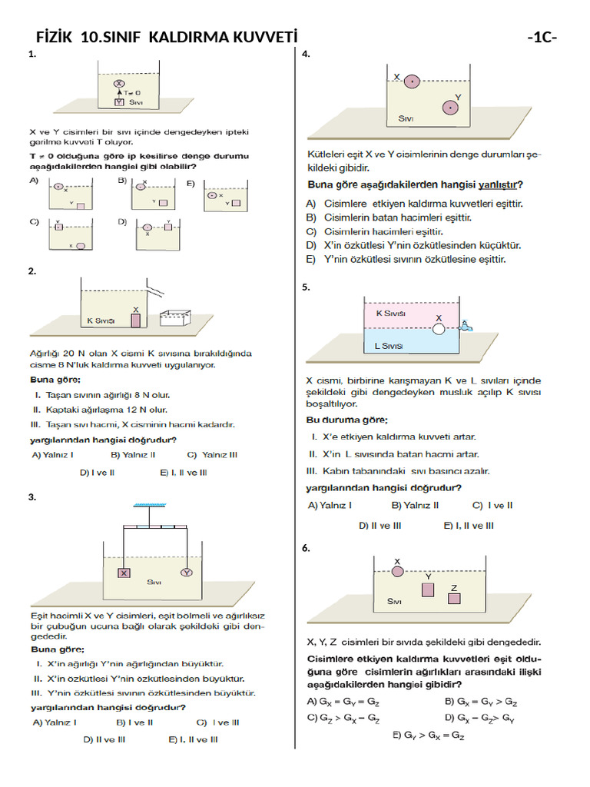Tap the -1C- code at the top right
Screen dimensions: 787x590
pyautogui.click(x=542, y=37)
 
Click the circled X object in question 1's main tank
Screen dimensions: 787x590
pyautogui.click(x=119, y=82)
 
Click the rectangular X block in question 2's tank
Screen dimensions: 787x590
pyautogui.click(x=136, y=320)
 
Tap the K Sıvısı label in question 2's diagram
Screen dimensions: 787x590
pyautogui.click(x=100, y=320)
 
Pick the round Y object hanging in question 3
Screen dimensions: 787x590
pyautogui.click(x=186, y=573)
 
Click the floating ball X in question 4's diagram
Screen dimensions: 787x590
pyautogui.click(x=412, y=80)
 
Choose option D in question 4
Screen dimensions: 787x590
pyautogui.click(x=414, y=246)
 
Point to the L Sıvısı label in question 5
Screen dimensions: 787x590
pyautogui.click(x=388, y=347)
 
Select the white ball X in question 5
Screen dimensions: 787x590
pyautogui.click(x=439, y=328)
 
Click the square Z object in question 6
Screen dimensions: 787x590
pyautogui.click(x=453, y=599)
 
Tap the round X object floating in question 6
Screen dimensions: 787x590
pyautogui.click(x=397, y=571)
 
